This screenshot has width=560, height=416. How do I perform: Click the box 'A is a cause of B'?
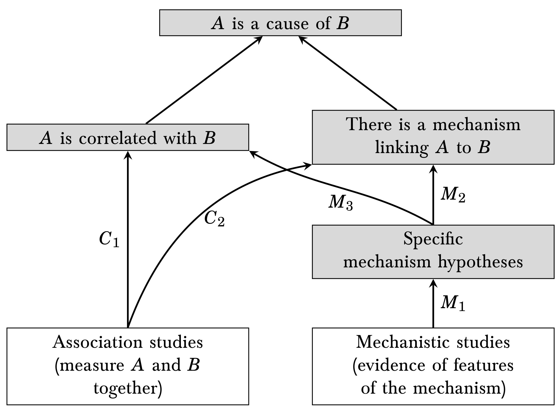[x=280, y=23]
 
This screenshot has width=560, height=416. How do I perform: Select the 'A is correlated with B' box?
[x=127, y=137]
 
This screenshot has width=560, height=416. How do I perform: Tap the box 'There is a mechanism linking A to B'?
[x=433, y=137]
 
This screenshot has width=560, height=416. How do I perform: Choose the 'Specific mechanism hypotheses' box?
[x=433, y=252]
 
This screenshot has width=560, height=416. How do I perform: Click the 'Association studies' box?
[x=127, y=366]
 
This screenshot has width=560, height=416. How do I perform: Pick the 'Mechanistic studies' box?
[x=433, y=366]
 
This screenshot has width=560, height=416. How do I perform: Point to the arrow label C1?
[x=109, y=240]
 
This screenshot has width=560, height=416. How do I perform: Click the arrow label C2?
[x=214, y=219]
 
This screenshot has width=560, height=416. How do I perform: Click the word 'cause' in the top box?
[x=287, y=24]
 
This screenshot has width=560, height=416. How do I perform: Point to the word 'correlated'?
[x=118, y=138]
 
